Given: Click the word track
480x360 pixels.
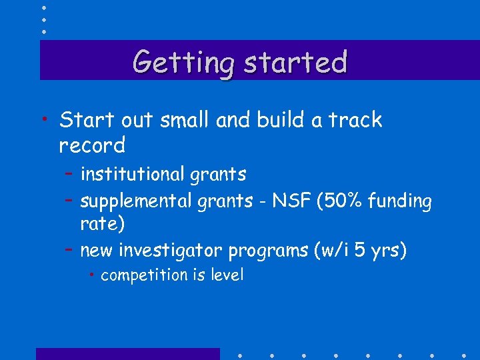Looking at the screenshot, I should pyautogui.click(x=355, y=120).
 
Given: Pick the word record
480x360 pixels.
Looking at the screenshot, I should pyautogui.click(x=92, y=145).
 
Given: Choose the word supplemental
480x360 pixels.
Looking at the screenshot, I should pyautogui.click(x=136, y=200).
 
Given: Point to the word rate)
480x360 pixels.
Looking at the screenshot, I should pyautogui.click(x=102, y=225).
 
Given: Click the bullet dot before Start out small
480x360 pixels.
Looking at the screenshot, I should pyautogui.click(x=43, y=120).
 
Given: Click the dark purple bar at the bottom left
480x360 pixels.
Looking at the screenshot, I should pyautogui.click(x=127, y=353).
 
